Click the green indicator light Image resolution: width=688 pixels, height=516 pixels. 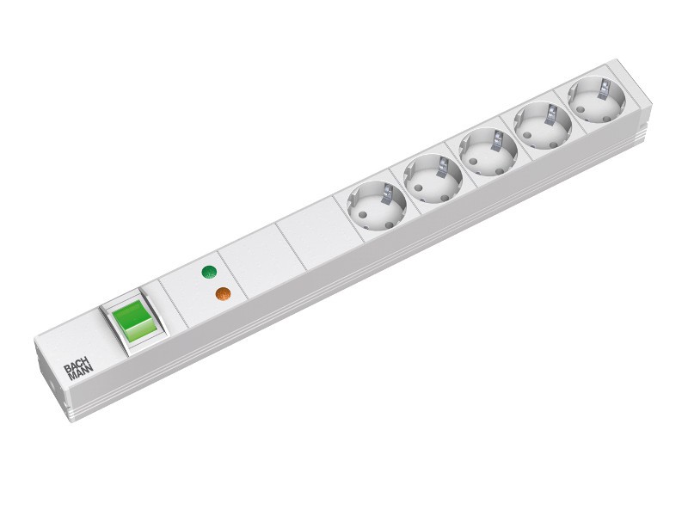click(209, 273)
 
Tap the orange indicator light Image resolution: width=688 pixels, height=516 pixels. click(224, 294)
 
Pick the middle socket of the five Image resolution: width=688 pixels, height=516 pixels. click(488, 150)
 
